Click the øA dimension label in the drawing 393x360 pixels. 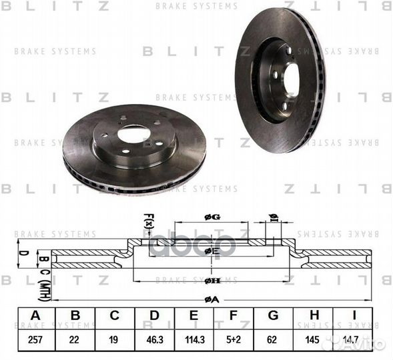(x=211, y=301)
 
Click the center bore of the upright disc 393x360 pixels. (x=291, y=79)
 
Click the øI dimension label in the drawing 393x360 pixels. (x=273, y=217)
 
